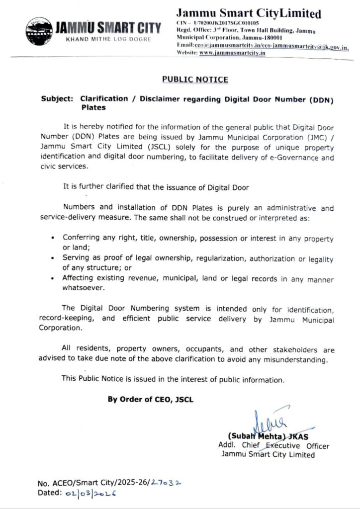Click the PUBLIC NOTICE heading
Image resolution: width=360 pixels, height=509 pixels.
click(195, 79)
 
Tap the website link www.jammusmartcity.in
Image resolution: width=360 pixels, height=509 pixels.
click(232, 53)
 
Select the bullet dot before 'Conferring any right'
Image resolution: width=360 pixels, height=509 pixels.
click(53, 238)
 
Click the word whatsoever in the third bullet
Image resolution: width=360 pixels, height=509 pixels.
click(83, 288)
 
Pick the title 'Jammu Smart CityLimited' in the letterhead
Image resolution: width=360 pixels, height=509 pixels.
click(249, 13)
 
